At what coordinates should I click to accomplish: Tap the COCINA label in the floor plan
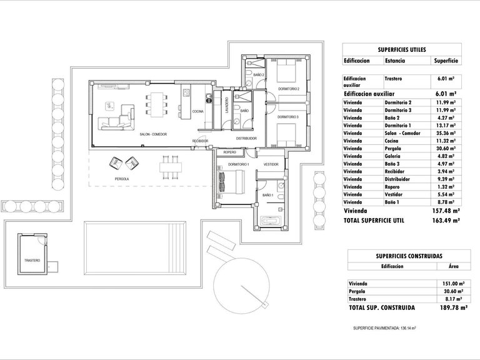coord(197,111)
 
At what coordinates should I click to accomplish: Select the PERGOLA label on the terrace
coord(122,179)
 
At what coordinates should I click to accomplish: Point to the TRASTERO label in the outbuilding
coord(32,260)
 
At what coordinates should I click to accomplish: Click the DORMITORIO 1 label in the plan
coord(238,164)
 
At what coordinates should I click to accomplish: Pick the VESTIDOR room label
coord(271,164)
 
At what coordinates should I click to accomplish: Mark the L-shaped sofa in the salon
coord(119,117)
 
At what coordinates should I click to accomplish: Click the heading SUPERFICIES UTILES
coord(402,49)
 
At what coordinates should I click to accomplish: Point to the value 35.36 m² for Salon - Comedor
coord(446,132)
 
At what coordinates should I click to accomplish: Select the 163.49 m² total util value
coord(447,221)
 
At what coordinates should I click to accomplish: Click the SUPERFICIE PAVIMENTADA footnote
coord(384,327)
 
